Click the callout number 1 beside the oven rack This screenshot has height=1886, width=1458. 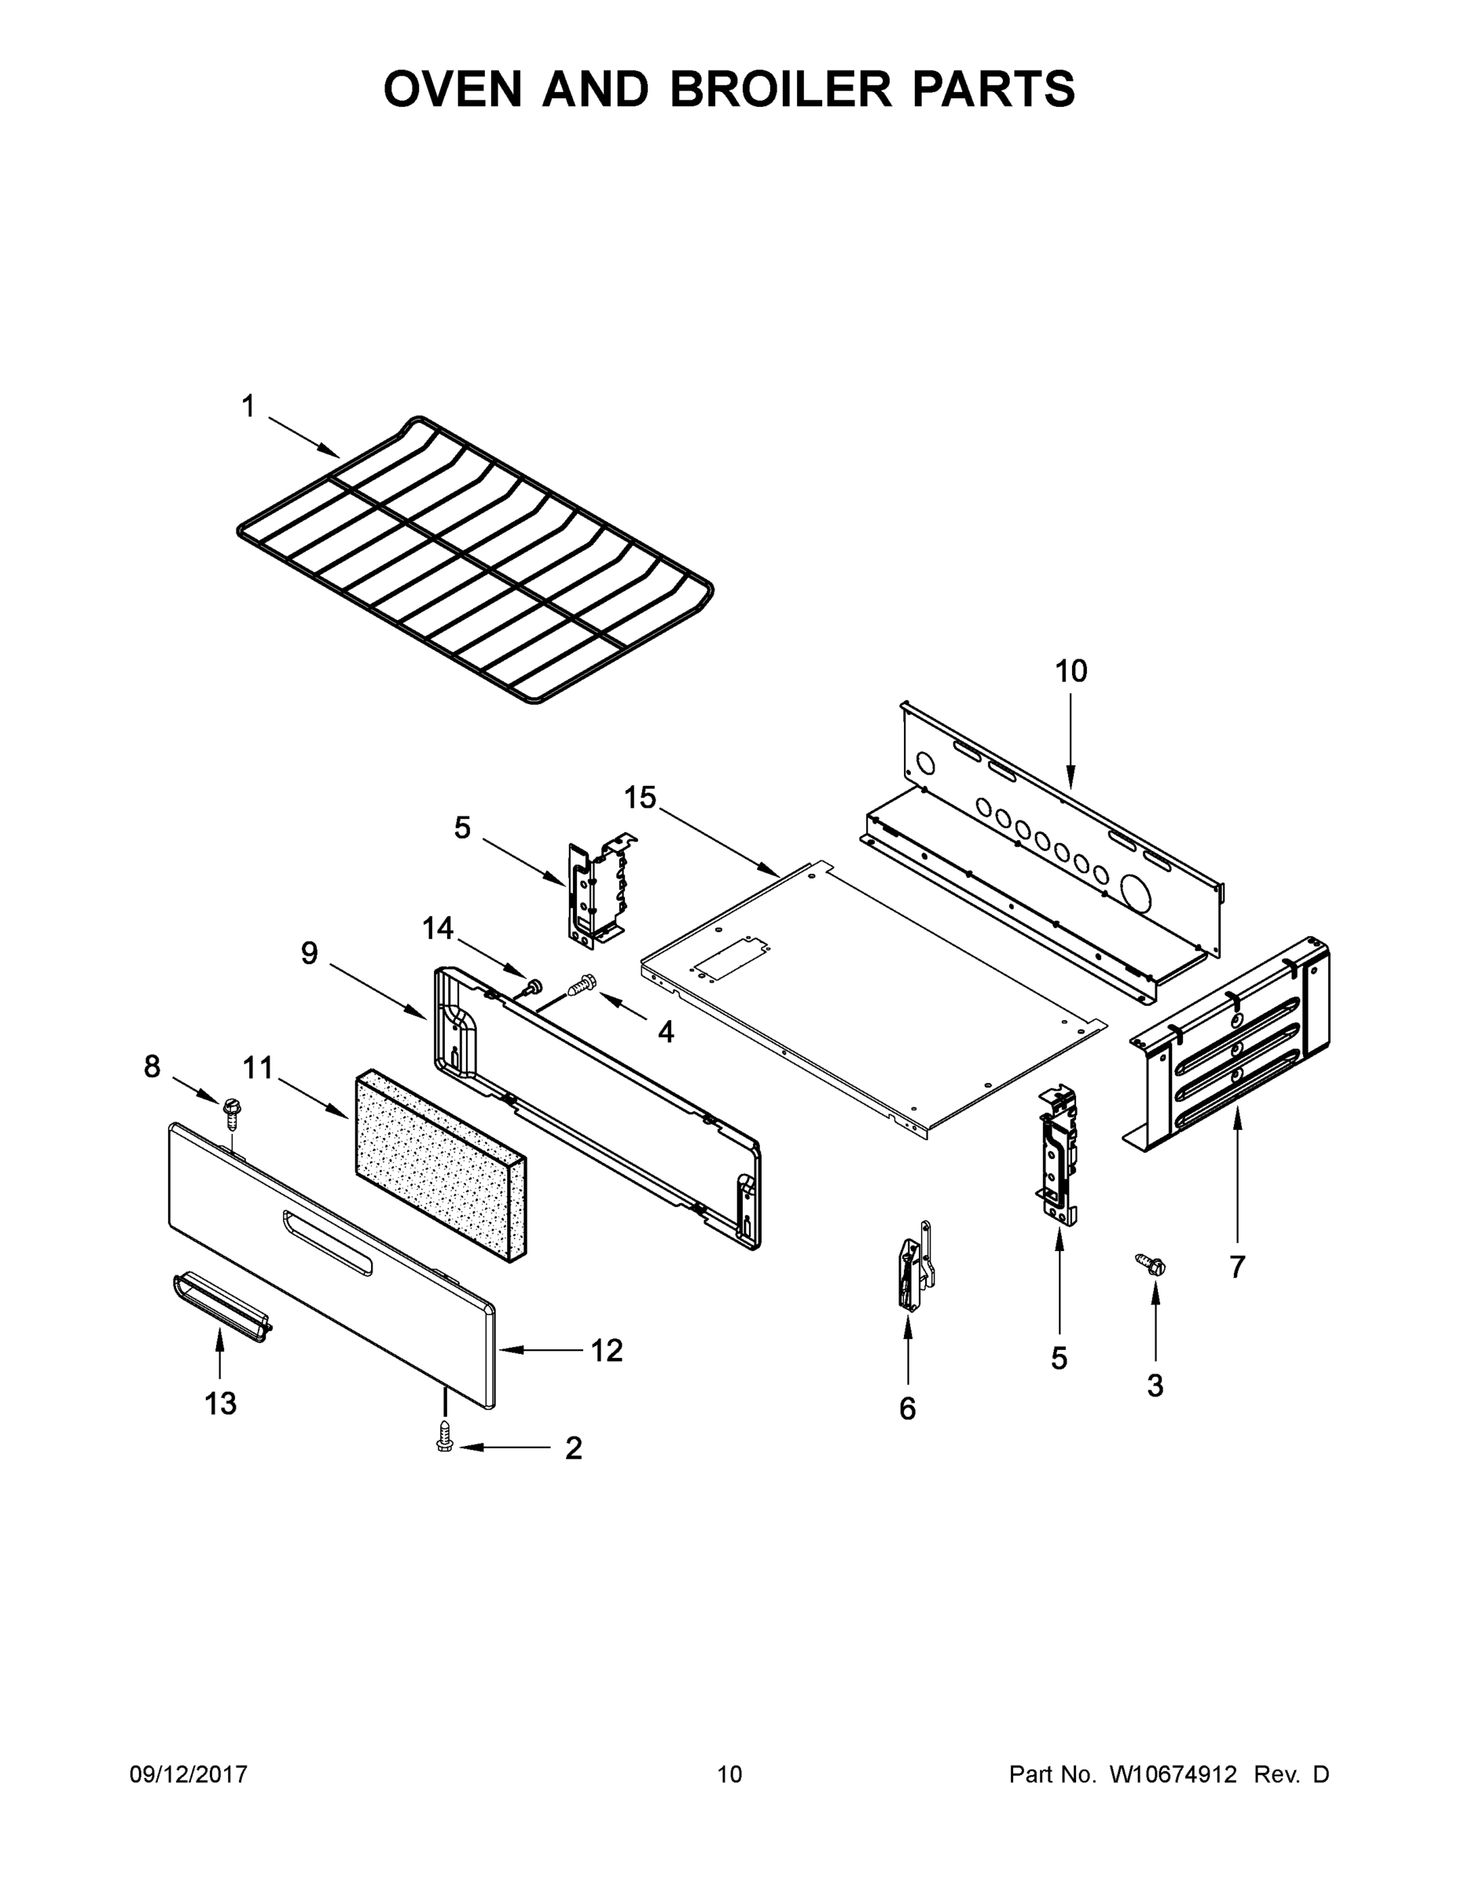[248, 405]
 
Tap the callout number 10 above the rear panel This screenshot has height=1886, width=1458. [1071, 671]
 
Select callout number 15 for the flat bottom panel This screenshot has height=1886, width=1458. [640, 798]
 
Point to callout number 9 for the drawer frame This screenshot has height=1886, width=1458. [309, 953]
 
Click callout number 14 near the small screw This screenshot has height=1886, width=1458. [438, 928]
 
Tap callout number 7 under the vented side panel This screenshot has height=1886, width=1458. [1237, 1267]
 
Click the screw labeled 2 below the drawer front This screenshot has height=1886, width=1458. [445, 1438]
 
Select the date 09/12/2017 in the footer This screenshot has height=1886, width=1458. [189, 1774]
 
